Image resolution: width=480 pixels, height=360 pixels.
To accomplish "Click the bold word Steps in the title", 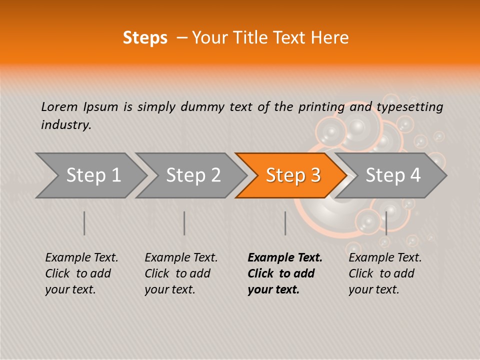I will click(x=145, y=38).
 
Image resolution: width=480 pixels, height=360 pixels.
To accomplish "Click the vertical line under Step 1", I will click(x=84, y=223).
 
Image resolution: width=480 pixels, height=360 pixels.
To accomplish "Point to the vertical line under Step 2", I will click(x=184, y=223).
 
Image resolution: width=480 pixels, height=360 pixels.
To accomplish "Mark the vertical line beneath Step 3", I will click(x=285, y=223).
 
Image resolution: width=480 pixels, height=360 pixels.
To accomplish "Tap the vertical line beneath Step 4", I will click(x=386, y=223).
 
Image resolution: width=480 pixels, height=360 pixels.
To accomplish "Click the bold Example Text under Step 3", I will click(x=285, y=273).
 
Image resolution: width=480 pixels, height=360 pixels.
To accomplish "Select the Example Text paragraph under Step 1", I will click(x=81, y=273).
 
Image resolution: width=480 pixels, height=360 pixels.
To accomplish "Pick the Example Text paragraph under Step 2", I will click(x=181, y=273).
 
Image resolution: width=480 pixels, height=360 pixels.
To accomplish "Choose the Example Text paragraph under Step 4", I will click(x=385, y=273).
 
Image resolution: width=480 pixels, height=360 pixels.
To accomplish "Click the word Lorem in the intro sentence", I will click(x=59, y=106).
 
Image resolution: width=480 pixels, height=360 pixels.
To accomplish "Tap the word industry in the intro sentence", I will click(x=66, y=125).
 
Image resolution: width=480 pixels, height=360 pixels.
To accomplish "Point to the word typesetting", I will click(x=409, y=107).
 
